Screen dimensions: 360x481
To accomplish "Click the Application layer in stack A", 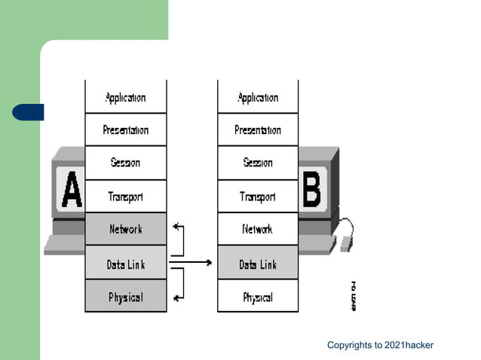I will pos(125,97).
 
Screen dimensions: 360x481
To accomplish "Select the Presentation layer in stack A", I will pos(125,130).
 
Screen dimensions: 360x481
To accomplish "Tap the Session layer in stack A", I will pos(125,163).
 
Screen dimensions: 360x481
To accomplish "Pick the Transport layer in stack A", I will pos(125,197).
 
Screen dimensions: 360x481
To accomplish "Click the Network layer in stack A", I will pos(125,229).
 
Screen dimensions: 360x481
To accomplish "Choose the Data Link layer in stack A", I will pos(125,263).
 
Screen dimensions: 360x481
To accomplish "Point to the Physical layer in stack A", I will pos(125,297).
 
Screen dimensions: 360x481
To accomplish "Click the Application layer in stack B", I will pos(258,97).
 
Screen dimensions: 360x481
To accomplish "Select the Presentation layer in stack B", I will pos(258,130).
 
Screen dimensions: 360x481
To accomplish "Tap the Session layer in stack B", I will pos(258,163).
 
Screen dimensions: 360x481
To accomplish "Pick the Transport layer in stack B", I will pos(258,197).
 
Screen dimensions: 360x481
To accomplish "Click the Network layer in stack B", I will pos(258,229).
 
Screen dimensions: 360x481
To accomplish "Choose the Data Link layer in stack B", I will pos(258,264).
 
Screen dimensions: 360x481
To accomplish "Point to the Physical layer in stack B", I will pos(258,297).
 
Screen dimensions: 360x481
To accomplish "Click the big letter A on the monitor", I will pos(71,189).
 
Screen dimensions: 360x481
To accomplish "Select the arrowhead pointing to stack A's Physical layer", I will pos(176,297).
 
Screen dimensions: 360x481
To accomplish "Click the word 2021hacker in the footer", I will pos(409,346).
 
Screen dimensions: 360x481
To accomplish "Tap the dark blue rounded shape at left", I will pos(28,112).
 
